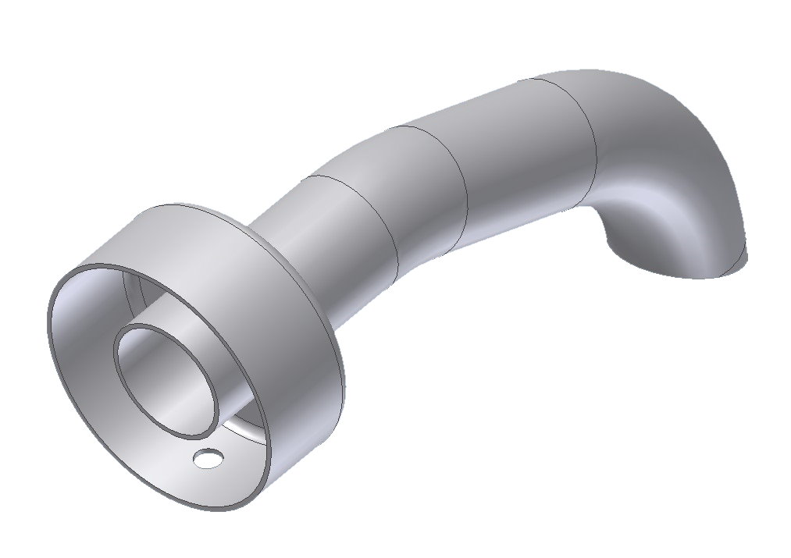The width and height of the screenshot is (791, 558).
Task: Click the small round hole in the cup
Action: tap(208, 459)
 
